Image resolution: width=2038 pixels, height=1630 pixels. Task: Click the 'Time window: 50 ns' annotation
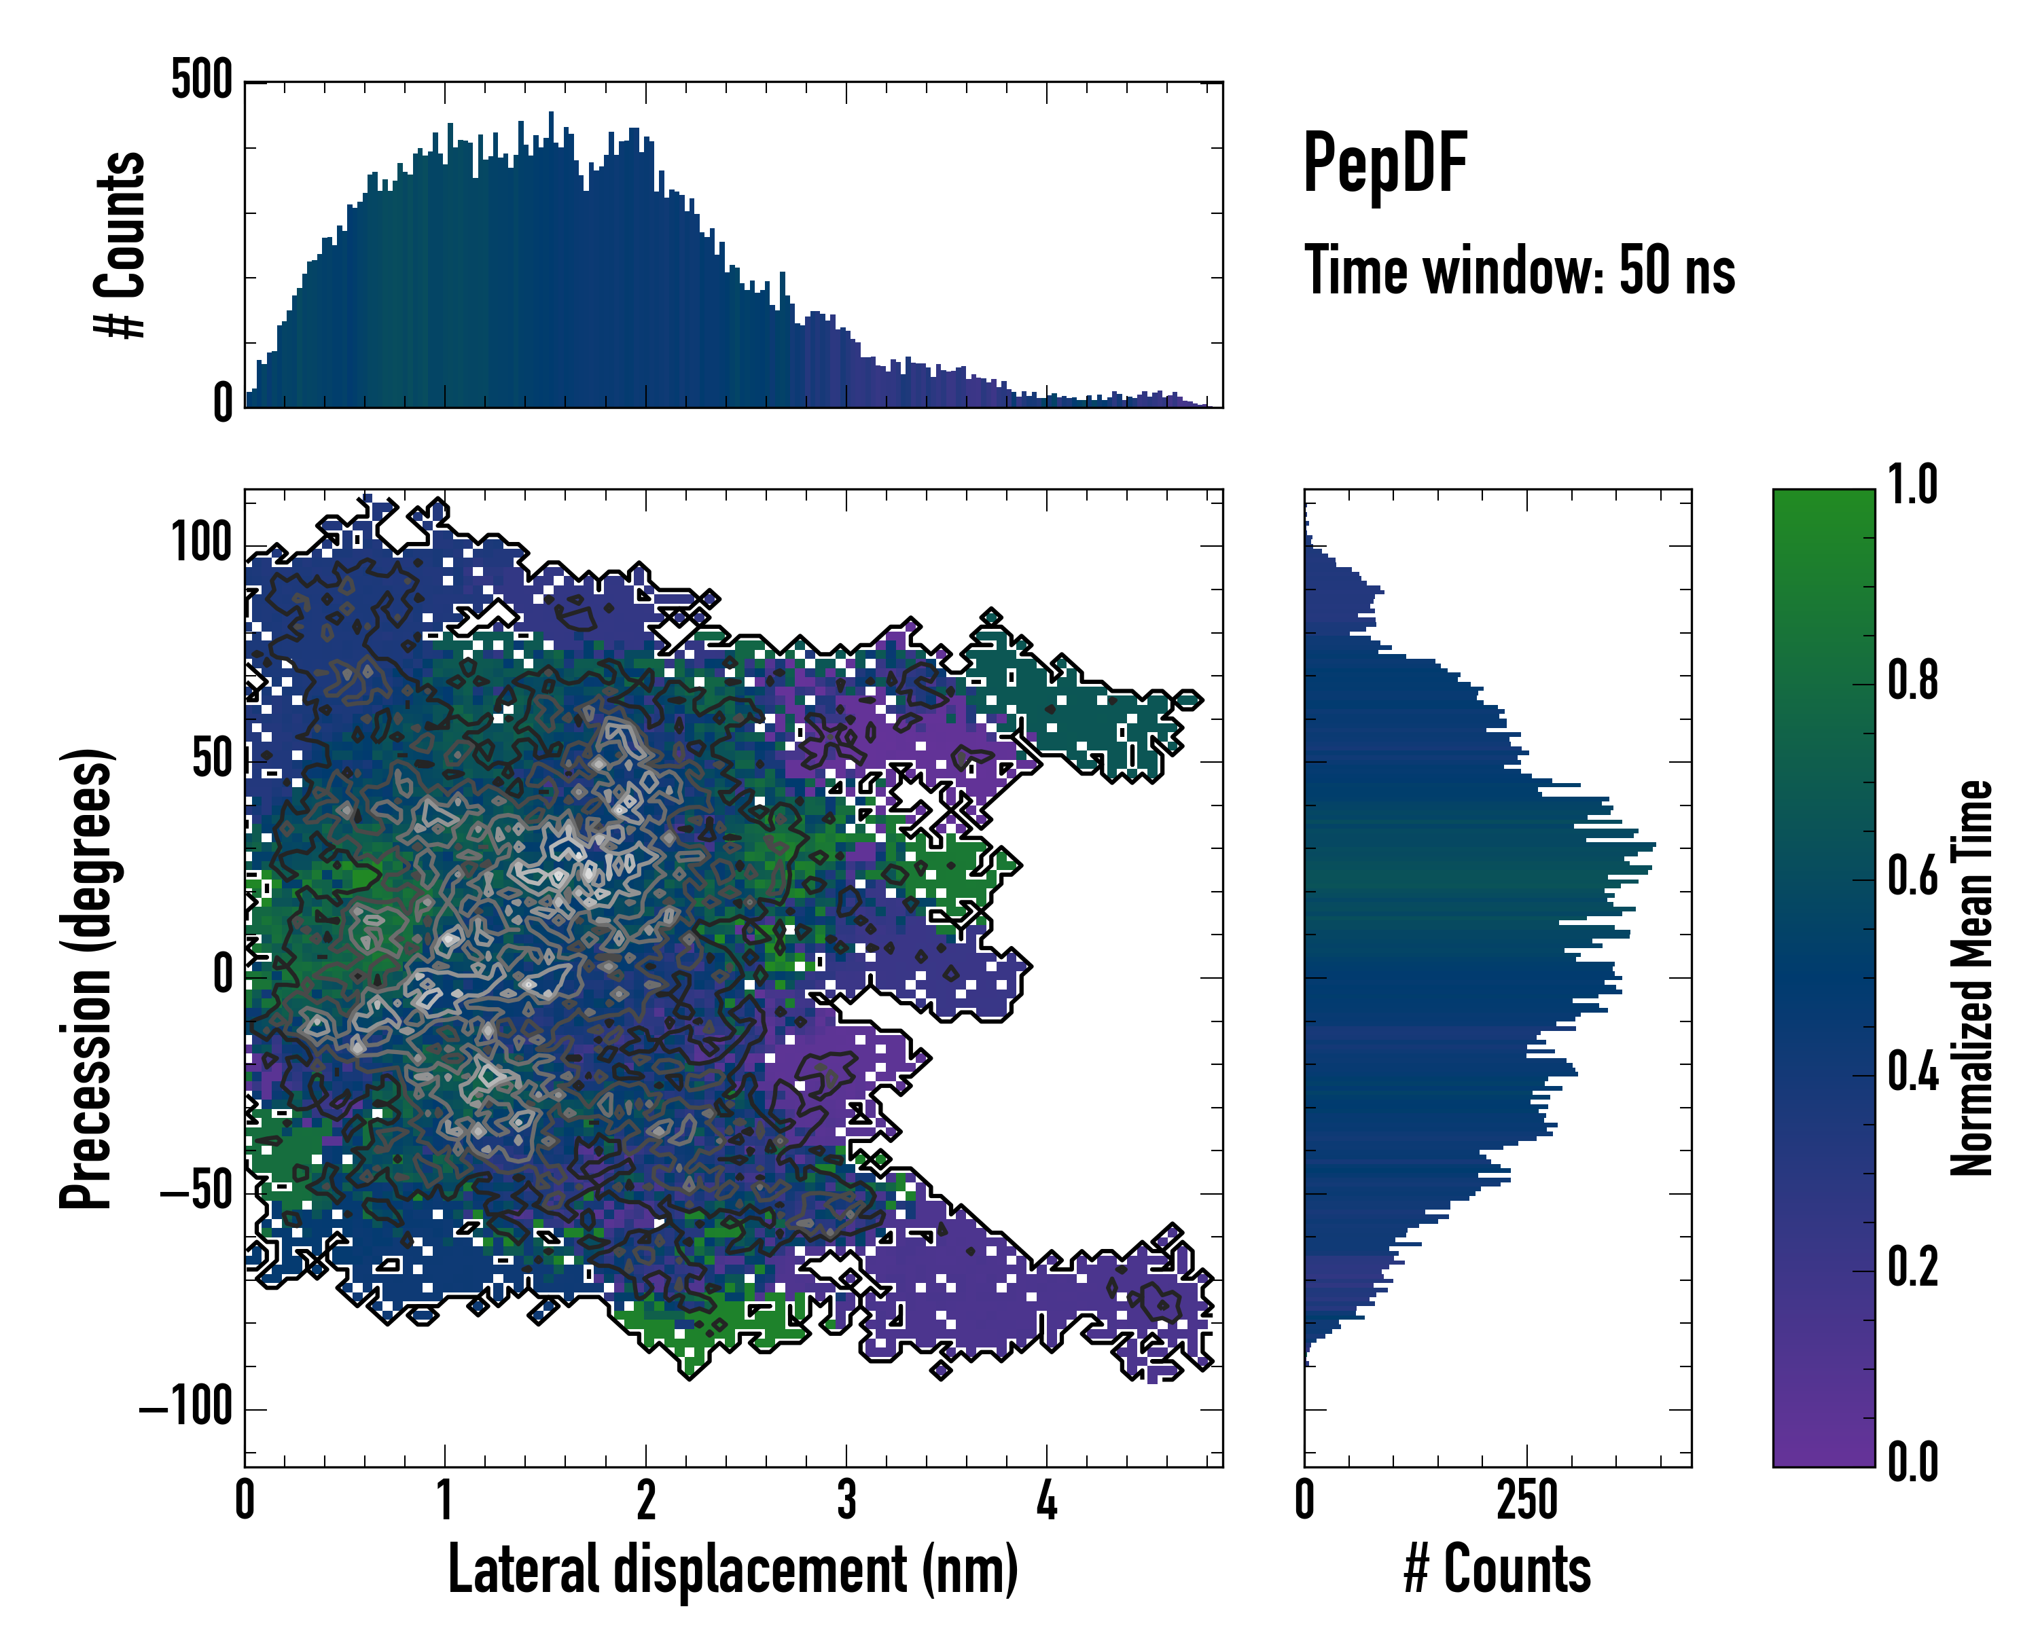click(1519, 270)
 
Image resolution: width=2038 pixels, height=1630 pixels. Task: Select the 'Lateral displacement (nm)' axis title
click(732, 1570)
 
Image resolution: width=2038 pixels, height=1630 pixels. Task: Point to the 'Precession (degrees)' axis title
click(87, 978)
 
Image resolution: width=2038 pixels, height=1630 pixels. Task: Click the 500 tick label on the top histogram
click(201, 79)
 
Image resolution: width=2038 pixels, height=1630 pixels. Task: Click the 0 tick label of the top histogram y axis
click(223, 403)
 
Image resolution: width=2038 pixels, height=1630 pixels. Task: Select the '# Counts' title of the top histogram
click(120, 244)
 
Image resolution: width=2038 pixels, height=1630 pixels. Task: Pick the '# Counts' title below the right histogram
click(1497, 1570)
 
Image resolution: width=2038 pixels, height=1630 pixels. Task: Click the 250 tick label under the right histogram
click(1526, 1500)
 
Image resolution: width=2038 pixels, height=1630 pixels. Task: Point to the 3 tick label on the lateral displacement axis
click(846, 1500)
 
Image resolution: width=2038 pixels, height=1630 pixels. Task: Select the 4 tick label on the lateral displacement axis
click(1046, 1500)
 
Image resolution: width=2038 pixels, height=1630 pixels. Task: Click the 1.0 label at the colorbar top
click(1912, 486)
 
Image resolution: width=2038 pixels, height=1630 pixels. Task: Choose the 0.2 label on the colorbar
click(1912, 1267)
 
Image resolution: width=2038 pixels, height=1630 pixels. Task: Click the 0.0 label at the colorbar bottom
click(1912, 1463)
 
